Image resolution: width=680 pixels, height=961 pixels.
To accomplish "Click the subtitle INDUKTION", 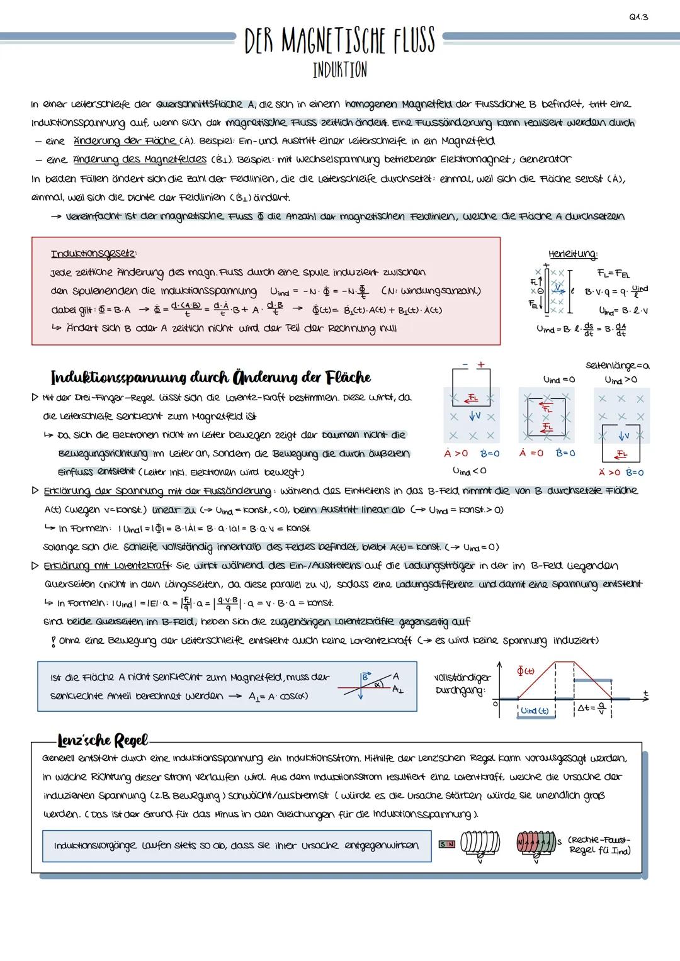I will [x=340, y=69].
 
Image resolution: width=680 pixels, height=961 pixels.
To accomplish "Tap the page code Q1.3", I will [x=638, y=17].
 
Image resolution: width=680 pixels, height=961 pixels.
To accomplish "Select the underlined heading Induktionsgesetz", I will [x=94, y=254].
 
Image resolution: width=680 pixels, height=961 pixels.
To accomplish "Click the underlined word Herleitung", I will [x=572, y=254].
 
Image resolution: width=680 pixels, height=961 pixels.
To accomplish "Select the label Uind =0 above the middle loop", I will [x=558, y=379].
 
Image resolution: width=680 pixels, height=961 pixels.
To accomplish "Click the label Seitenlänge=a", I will [x=618, y=366].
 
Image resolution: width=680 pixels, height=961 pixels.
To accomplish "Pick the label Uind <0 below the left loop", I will [x=469, y=470].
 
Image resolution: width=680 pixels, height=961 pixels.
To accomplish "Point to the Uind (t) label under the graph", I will [x=535, y=710].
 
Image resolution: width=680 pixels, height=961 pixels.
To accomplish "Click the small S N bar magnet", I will [x=448, y=843].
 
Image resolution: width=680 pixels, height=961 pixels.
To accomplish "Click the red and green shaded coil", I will [x=536, y=844].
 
